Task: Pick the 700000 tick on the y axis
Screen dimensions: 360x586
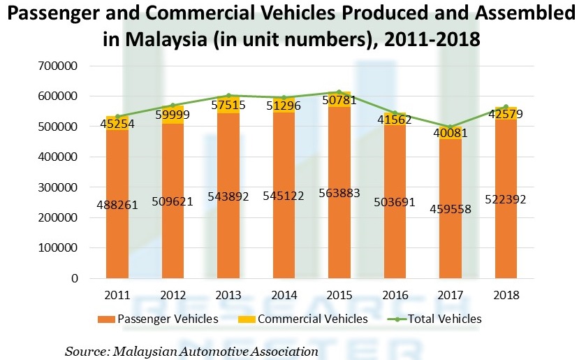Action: pyautogui.click(x=57, y=66)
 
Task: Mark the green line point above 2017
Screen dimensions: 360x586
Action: pyautogui.click(x=451, y=127)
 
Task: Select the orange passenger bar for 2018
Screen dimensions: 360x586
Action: pyautogui.click(x=506, y=238)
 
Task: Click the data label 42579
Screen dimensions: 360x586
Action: pyautogui.click(x=506, y=113)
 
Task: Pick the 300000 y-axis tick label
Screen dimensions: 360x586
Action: pyautogui.click(x=57, y=187)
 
